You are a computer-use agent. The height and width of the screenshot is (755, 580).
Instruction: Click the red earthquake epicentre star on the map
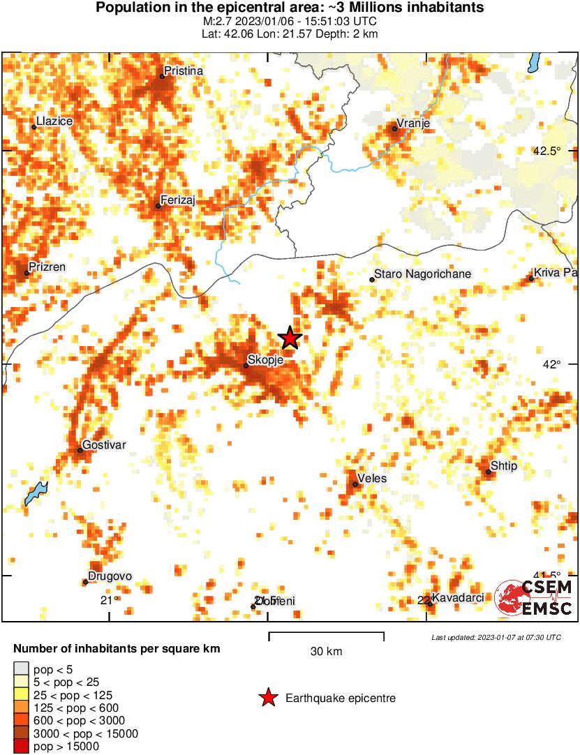[x=290, y=338]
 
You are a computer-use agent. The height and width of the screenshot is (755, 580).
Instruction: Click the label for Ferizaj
[x=177, y=200]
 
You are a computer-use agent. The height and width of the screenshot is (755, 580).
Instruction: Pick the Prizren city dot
[x=27, y=272]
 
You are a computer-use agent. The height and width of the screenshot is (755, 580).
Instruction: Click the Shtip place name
[x=504, y=465]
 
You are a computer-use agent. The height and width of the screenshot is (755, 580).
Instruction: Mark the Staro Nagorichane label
[x=423, y=274]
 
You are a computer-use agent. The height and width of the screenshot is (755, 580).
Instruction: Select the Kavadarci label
[x=458, y=598]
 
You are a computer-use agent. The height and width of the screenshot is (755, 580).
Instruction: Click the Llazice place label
[x=54, y=121]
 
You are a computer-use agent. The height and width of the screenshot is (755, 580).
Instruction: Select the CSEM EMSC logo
[x=534, y=598]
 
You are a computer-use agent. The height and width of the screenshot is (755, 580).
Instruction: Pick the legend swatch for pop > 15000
[x=21, y=746]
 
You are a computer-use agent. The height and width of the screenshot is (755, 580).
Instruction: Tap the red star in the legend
[x=267, y=698]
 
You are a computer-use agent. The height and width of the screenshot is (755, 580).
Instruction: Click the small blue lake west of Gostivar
[x=36, y=493]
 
